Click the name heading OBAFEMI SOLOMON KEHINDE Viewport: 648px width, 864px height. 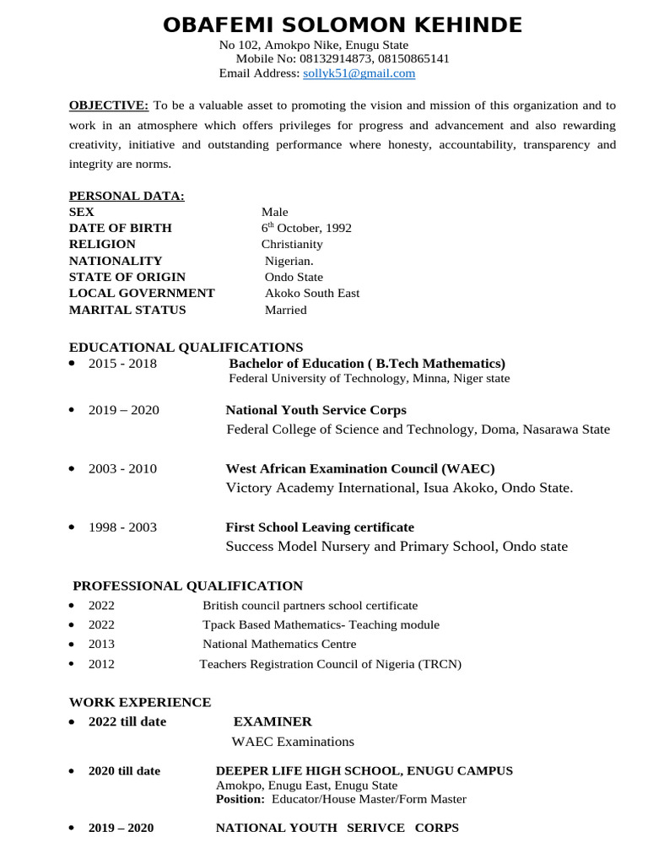tap(343, 25)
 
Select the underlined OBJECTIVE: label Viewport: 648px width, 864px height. tap(109, 105)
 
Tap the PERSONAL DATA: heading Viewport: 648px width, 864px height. tap(127, 197)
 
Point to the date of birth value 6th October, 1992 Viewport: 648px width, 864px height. tap(306, 228)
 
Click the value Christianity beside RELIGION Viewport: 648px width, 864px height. tap(292, 244)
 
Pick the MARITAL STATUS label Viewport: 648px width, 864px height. tap(128, 310)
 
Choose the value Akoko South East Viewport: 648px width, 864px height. tap(312, 293)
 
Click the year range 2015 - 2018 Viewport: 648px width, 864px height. tap(122, 364)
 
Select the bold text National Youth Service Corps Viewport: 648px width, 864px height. tap(316, 410)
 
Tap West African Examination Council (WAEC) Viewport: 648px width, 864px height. tap(360, 468)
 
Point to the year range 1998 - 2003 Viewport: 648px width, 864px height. tap(122, 527)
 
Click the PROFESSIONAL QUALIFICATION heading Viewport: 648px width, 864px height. tap(187, 586)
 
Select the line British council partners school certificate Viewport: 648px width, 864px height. tap(310, 606)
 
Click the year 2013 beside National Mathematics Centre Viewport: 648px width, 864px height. tap(101, 644)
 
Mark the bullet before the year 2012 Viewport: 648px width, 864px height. tap(72, 663)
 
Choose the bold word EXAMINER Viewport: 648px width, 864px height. tap(272, 721)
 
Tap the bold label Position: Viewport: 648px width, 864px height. tap(240, 799)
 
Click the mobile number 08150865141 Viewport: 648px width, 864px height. tap(414, 59)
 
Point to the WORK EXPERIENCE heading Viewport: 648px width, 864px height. tap(140, 702)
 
